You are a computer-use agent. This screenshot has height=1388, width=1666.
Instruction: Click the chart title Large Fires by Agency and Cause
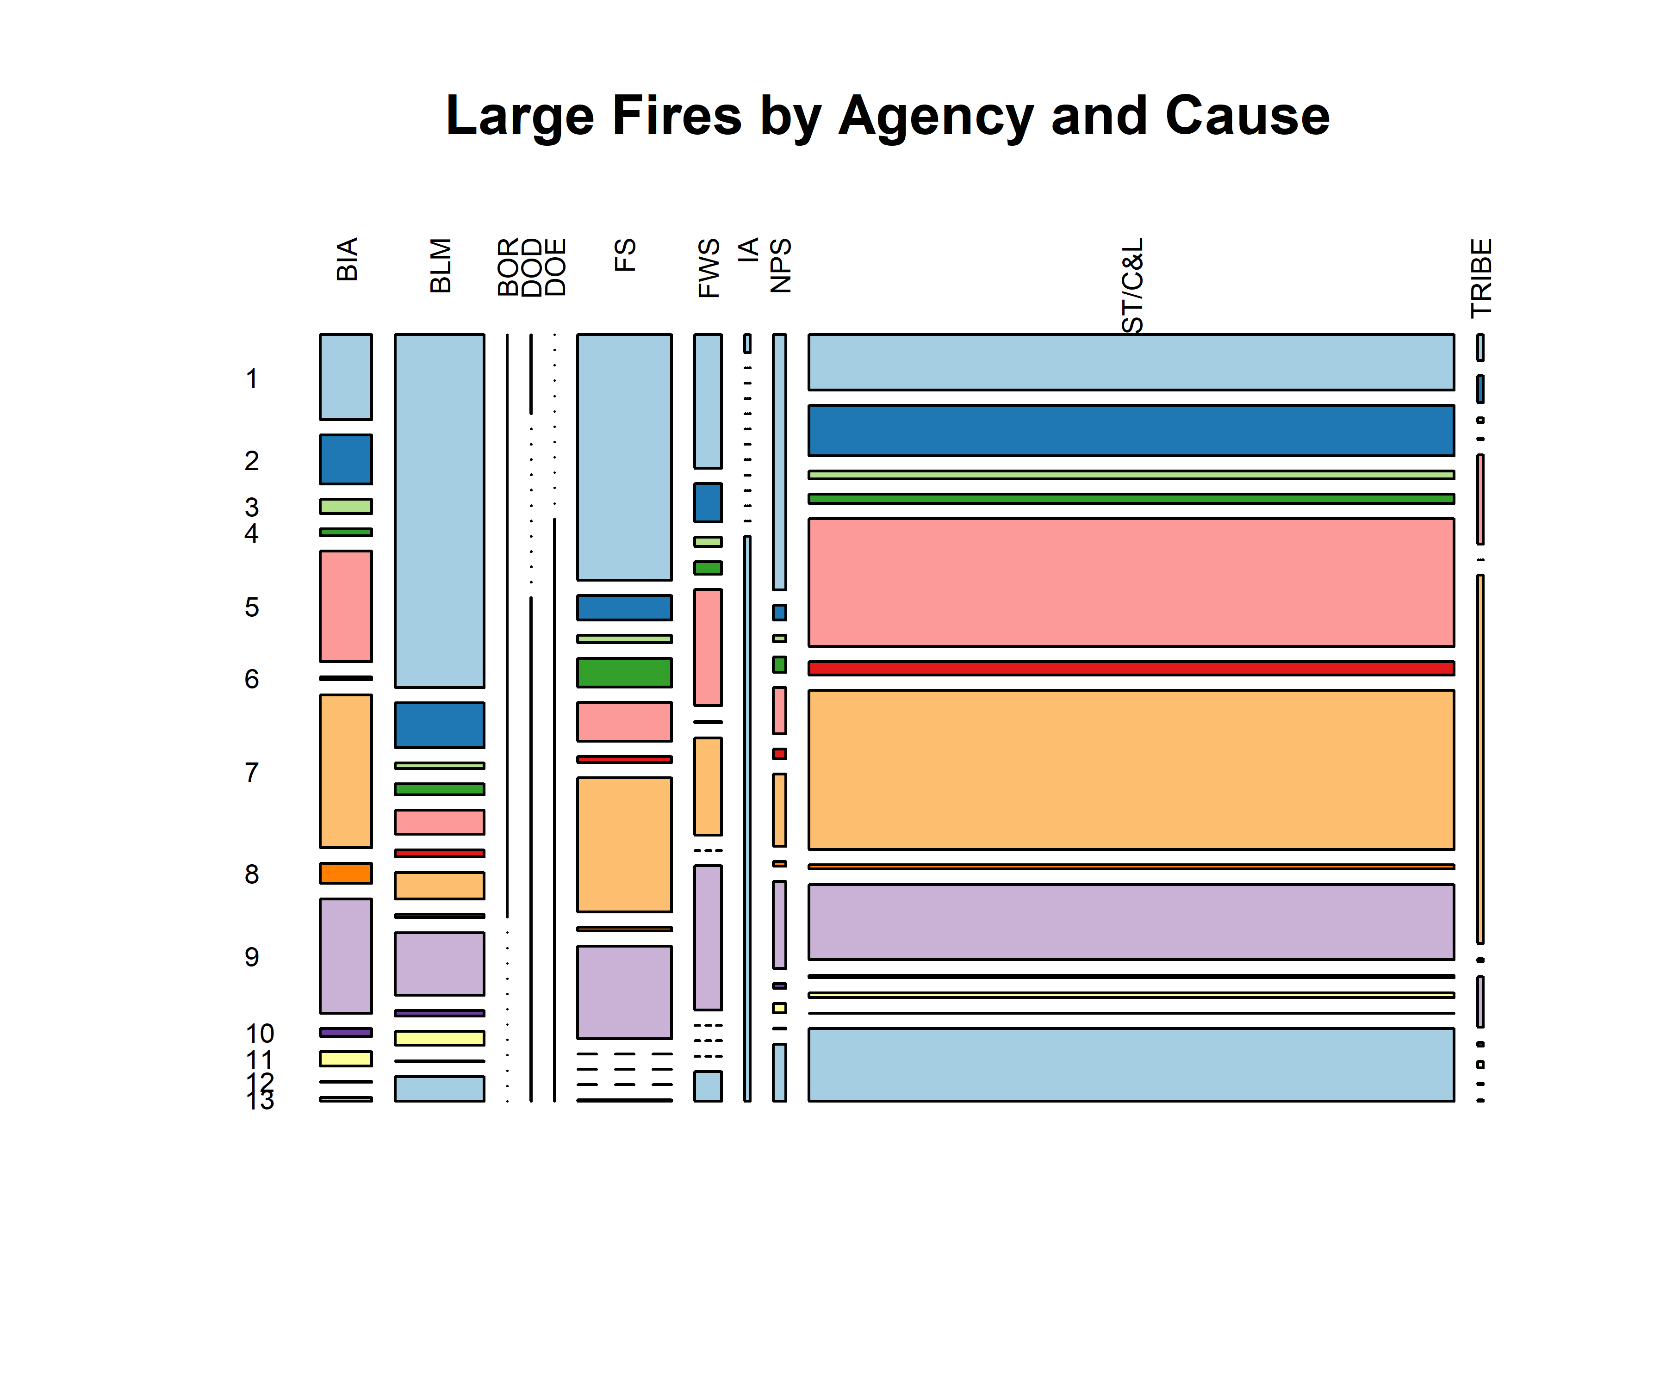click(x=887, y=116)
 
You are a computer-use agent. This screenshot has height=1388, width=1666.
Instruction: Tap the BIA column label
click(x=347, y=260)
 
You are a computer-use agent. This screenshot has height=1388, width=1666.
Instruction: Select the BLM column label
click(x=440, y=266)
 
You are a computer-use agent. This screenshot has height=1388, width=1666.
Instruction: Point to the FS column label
click(x=625, y=255)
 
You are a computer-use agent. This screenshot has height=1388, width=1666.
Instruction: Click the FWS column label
click(x=709, y=268)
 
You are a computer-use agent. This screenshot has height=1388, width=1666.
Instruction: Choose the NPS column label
click(x=781, y=266)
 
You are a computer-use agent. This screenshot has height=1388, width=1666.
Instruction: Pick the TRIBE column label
click(x=1481, y=278)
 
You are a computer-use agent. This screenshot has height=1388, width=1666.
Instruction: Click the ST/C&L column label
click(x=1133, y=285)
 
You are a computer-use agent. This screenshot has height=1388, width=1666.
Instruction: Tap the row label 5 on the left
click(x=251, y=607)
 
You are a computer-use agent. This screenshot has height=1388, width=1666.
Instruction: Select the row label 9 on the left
click(x=251, y=957)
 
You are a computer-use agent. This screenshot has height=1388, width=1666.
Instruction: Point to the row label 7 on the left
click(x=251, y=773)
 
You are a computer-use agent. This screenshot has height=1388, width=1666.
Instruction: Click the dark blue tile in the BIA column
click(x=346, y=459)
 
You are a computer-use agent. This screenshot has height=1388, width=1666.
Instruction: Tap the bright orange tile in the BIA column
click(x=346, y=873)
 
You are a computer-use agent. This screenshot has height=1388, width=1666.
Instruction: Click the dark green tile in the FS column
click(x=624, y=673)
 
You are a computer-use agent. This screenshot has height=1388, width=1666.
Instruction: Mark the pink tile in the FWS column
click(x=708, y=647)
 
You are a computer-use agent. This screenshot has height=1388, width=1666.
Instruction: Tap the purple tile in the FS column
click(x=624, y=992)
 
